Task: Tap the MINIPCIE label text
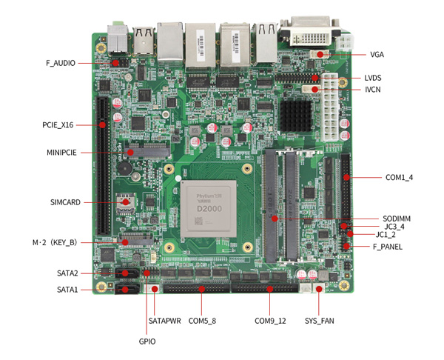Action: [x=62, y=153]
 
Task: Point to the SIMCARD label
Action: [x=65, y=201]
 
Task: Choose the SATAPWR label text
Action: [x=164, y=321]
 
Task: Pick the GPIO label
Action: [x=147, y=341]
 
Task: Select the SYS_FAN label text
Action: [x=320, y=321]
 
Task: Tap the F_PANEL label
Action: [x=388, y=246]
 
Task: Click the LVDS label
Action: [x=373, y=78]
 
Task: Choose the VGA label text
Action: [x=377, y=55]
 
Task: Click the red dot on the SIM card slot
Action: [x=126, y=201]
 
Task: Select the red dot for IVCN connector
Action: [x=315, y=90]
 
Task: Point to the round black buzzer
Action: [x=127, y=169]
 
